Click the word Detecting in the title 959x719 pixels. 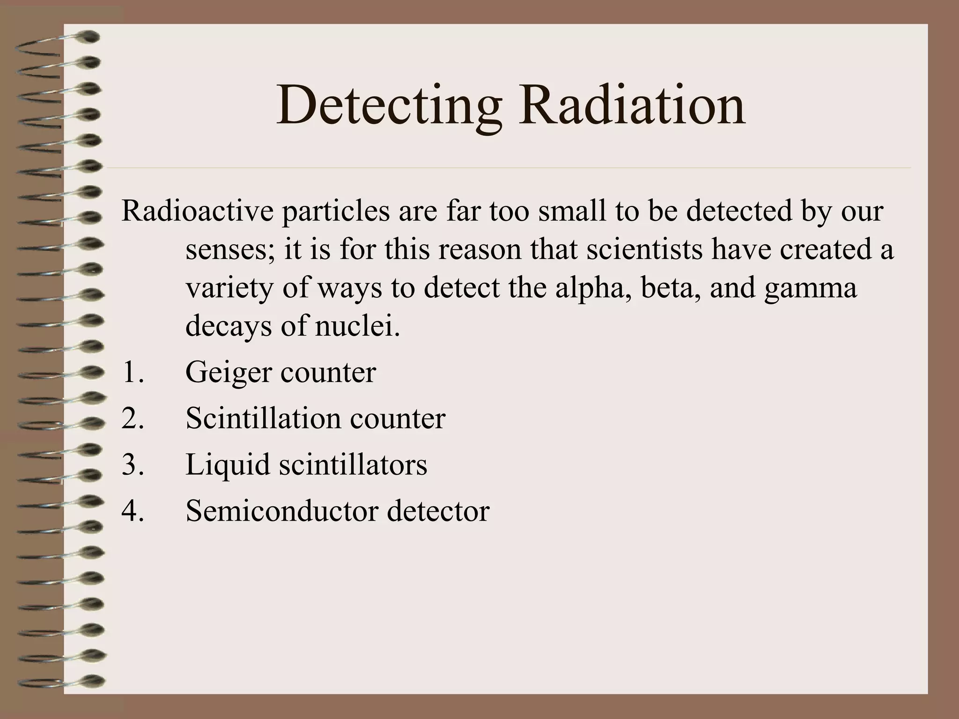388,106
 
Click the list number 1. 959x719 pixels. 133,373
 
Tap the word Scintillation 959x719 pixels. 263,418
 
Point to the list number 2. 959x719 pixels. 133,418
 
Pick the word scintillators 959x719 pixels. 353,464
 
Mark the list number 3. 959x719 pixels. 133,465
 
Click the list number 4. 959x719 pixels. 133,511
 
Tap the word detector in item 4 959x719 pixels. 438,511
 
